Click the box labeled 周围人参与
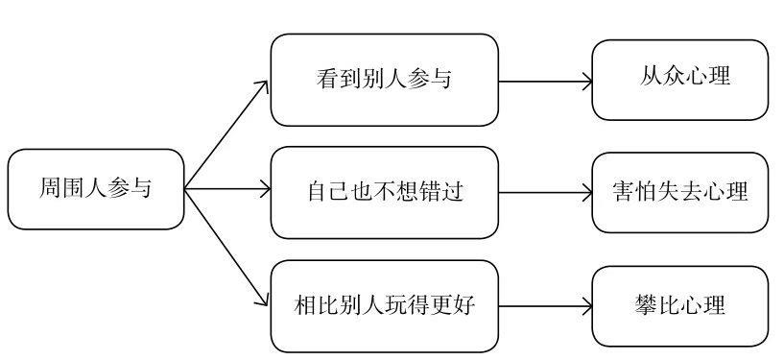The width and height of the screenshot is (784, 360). [x=95, y=189]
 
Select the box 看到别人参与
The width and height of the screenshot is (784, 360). [x=384, y=80]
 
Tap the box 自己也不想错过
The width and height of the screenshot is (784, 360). [x=384, y=192]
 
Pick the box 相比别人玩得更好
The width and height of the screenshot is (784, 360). [x=384, y=306]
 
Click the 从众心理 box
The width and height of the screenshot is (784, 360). [x=679, y=80]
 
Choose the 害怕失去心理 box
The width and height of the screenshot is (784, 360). [x=679, y=192]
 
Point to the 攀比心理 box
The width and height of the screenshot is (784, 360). [x=679, y=306]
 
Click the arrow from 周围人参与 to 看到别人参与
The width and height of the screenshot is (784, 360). [x=226, y=134]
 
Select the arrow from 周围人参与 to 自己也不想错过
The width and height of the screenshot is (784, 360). [x=226, y=190]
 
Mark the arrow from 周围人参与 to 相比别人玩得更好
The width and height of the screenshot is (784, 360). [x=226, y=248]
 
